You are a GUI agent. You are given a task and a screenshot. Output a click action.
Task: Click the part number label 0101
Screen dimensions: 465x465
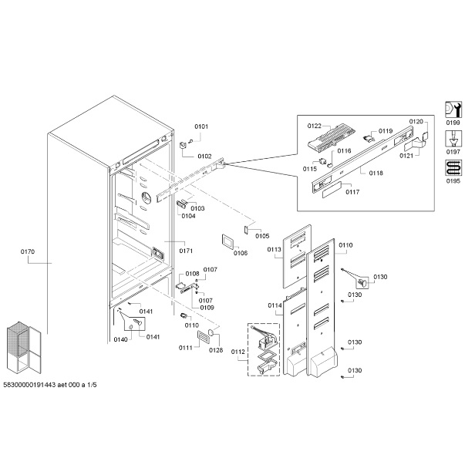pos(201,126)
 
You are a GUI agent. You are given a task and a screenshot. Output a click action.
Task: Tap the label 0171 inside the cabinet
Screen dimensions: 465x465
pos(186,251)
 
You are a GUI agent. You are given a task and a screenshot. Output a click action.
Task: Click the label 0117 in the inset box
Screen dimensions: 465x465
pos(352,192)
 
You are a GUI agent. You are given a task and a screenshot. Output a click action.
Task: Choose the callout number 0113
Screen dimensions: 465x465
pos(274,250)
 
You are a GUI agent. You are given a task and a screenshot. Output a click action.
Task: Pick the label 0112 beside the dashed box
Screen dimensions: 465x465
pos(238,353)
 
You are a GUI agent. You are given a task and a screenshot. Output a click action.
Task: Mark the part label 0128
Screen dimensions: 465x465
pos(215,350)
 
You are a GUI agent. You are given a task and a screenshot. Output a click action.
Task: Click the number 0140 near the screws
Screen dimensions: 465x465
pos(120,339)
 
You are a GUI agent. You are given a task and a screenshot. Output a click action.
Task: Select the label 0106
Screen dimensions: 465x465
pos(241,252)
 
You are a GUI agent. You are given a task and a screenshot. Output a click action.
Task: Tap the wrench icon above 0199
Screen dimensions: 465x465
pos(453,109)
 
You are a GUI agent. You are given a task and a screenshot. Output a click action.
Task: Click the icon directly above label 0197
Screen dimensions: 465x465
pos(453,138)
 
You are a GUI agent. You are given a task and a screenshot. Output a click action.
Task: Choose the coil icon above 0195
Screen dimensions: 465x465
pos(453,167)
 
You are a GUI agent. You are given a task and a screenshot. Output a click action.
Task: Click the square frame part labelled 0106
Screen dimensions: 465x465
pos(228,240)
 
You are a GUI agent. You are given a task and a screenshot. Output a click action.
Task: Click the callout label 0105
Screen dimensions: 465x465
pos(263,236)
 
